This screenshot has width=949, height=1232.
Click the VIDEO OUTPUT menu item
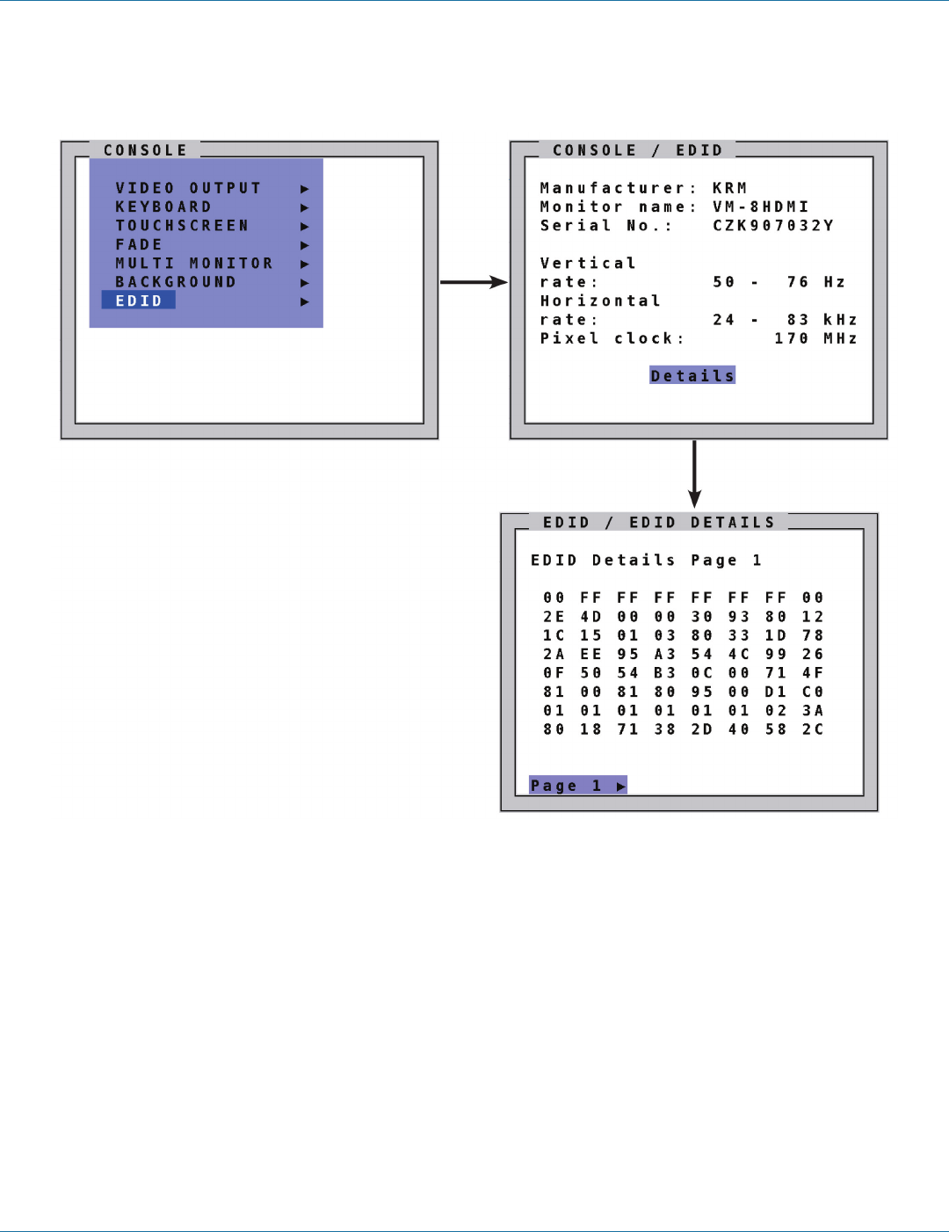click(188, 188)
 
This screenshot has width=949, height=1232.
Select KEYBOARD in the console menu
click(163, 207)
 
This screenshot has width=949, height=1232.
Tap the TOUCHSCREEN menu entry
click(182, 226)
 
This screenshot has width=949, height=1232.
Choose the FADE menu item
click(139, 245)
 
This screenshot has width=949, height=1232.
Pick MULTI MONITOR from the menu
click(194, 264)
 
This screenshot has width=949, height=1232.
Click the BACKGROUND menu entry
click(176, 282)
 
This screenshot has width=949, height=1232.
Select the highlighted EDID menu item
click(139, 301)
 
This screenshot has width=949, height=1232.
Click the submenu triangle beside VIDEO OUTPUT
click(305, 189)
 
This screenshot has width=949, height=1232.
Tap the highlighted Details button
click(692, 376)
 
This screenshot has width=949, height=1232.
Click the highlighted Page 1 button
click(577, 786)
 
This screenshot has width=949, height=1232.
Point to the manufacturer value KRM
click(729, 188)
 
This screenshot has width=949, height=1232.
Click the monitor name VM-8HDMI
click(760, 207)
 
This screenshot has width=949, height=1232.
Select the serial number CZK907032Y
click(772, 226)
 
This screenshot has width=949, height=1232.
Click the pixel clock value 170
click(791, 338)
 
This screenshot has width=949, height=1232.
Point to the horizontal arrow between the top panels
click(474, 282)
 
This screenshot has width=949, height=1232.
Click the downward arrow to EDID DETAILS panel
click(694, 475)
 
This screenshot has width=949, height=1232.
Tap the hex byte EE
click(590, 655)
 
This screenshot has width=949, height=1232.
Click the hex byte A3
click(664, 655)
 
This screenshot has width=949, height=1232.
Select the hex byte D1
click(775, 692)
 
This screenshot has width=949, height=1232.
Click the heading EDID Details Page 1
click(646, 561)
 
